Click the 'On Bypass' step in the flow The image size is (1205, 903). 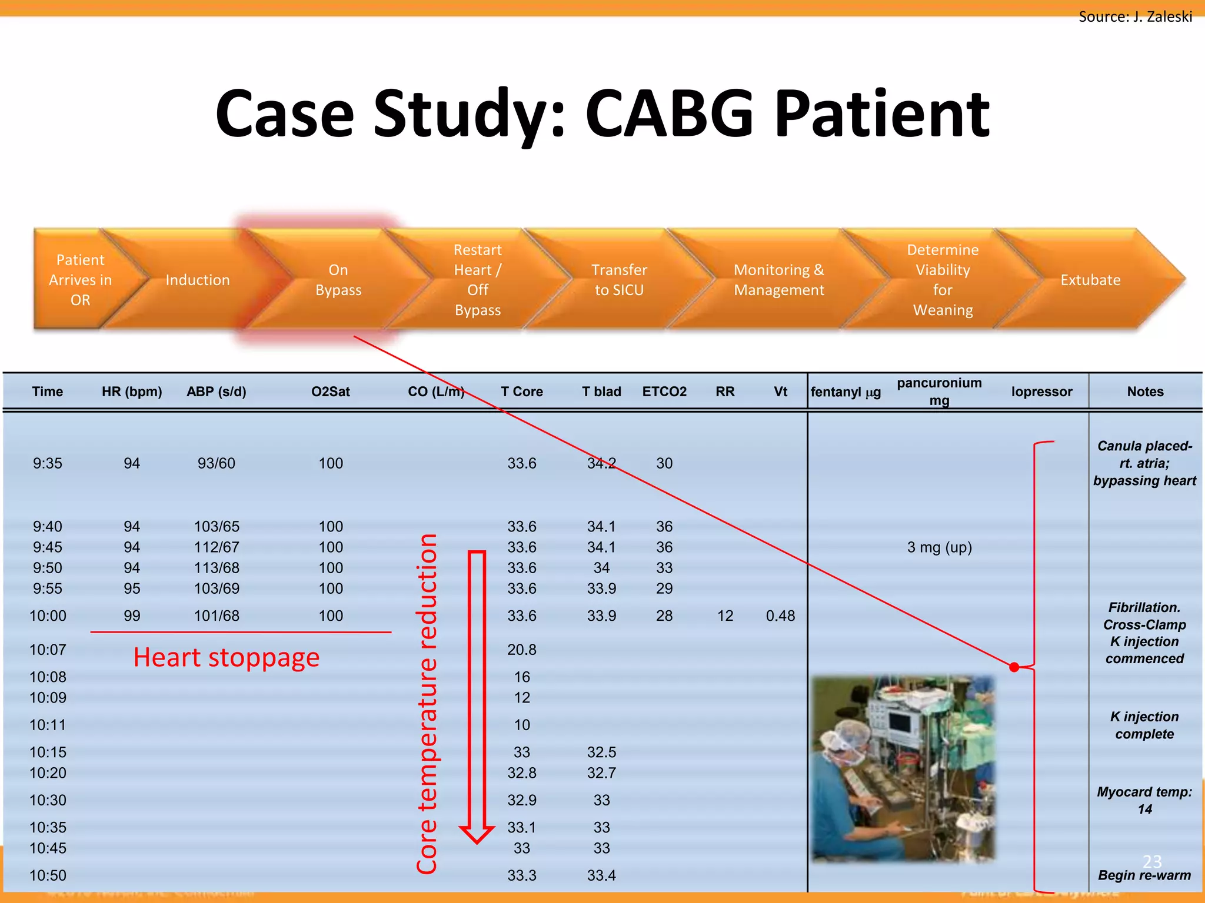(338, 280)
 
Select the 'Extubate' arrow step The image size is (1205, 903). (1090, 280)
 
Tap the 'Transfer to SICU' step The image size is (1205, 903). (619, 280)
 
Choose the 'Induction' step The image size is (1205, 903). (198, 280)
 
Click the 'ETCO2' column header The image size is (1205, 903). (664, 392)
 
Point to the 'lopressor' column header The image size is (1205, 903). (1041, 392)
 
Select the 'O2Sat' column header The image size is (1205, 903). (331, 392)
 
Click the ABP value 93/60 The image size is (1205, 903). (217, 463)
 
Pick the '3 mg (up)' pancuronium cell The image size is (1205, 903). (939, 547)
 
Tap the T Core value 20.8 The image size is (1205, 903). (522, 650)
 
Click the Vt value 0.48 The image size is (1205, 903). (780, 616)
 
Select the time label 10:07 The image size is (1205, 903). (48, 650)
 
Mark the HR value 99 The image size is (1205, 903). (132, 616)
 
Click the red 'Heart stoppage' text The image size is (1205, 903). (226, 657)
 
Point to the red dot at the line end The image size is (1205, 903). (1014, 667)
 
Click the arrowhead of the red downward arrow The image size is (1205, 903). (477, 834)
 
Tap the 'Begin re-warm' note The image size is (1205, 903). (1144, 875)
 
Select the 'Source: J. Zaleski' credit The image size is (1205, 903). (1135, 16)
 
